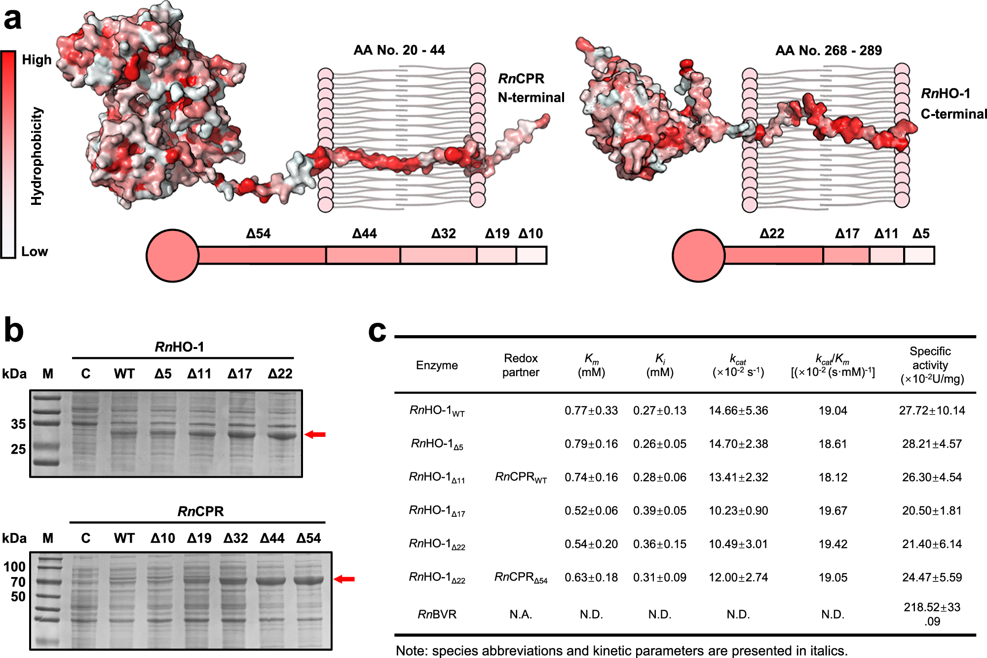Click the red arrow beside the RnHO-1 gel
pos(315,434)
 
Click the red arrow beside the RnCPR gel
pos(344,579)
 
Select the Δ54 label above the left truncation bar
pos(259,233)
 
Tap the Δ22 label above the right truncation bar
pos(772,233)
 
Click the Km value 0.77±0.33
pos(591,411)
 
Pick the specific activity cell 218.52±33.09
pos(932,614)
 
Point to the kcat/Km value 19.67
pos(833,511)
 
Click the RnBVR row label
pos(437,615)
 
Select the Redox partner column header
pos(521,365)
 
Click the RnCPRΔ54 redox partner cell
pos(521,578)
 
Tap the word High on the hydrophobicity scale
pos(37,60)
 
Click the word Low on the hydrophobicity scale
pos(35,252)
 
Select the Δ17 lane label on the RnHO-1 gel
pos(240,374)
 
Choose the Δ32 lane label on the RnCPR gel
pos(235,539)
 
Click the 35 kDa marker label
pos(18,424)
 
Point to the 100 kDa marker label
pos(14,567)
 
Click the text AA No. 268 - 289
pos(829,51)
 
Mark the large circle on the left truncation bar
pos(173,256)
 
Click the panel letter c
pos(377,331)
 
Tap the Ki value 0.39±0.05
pos(660,511)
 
